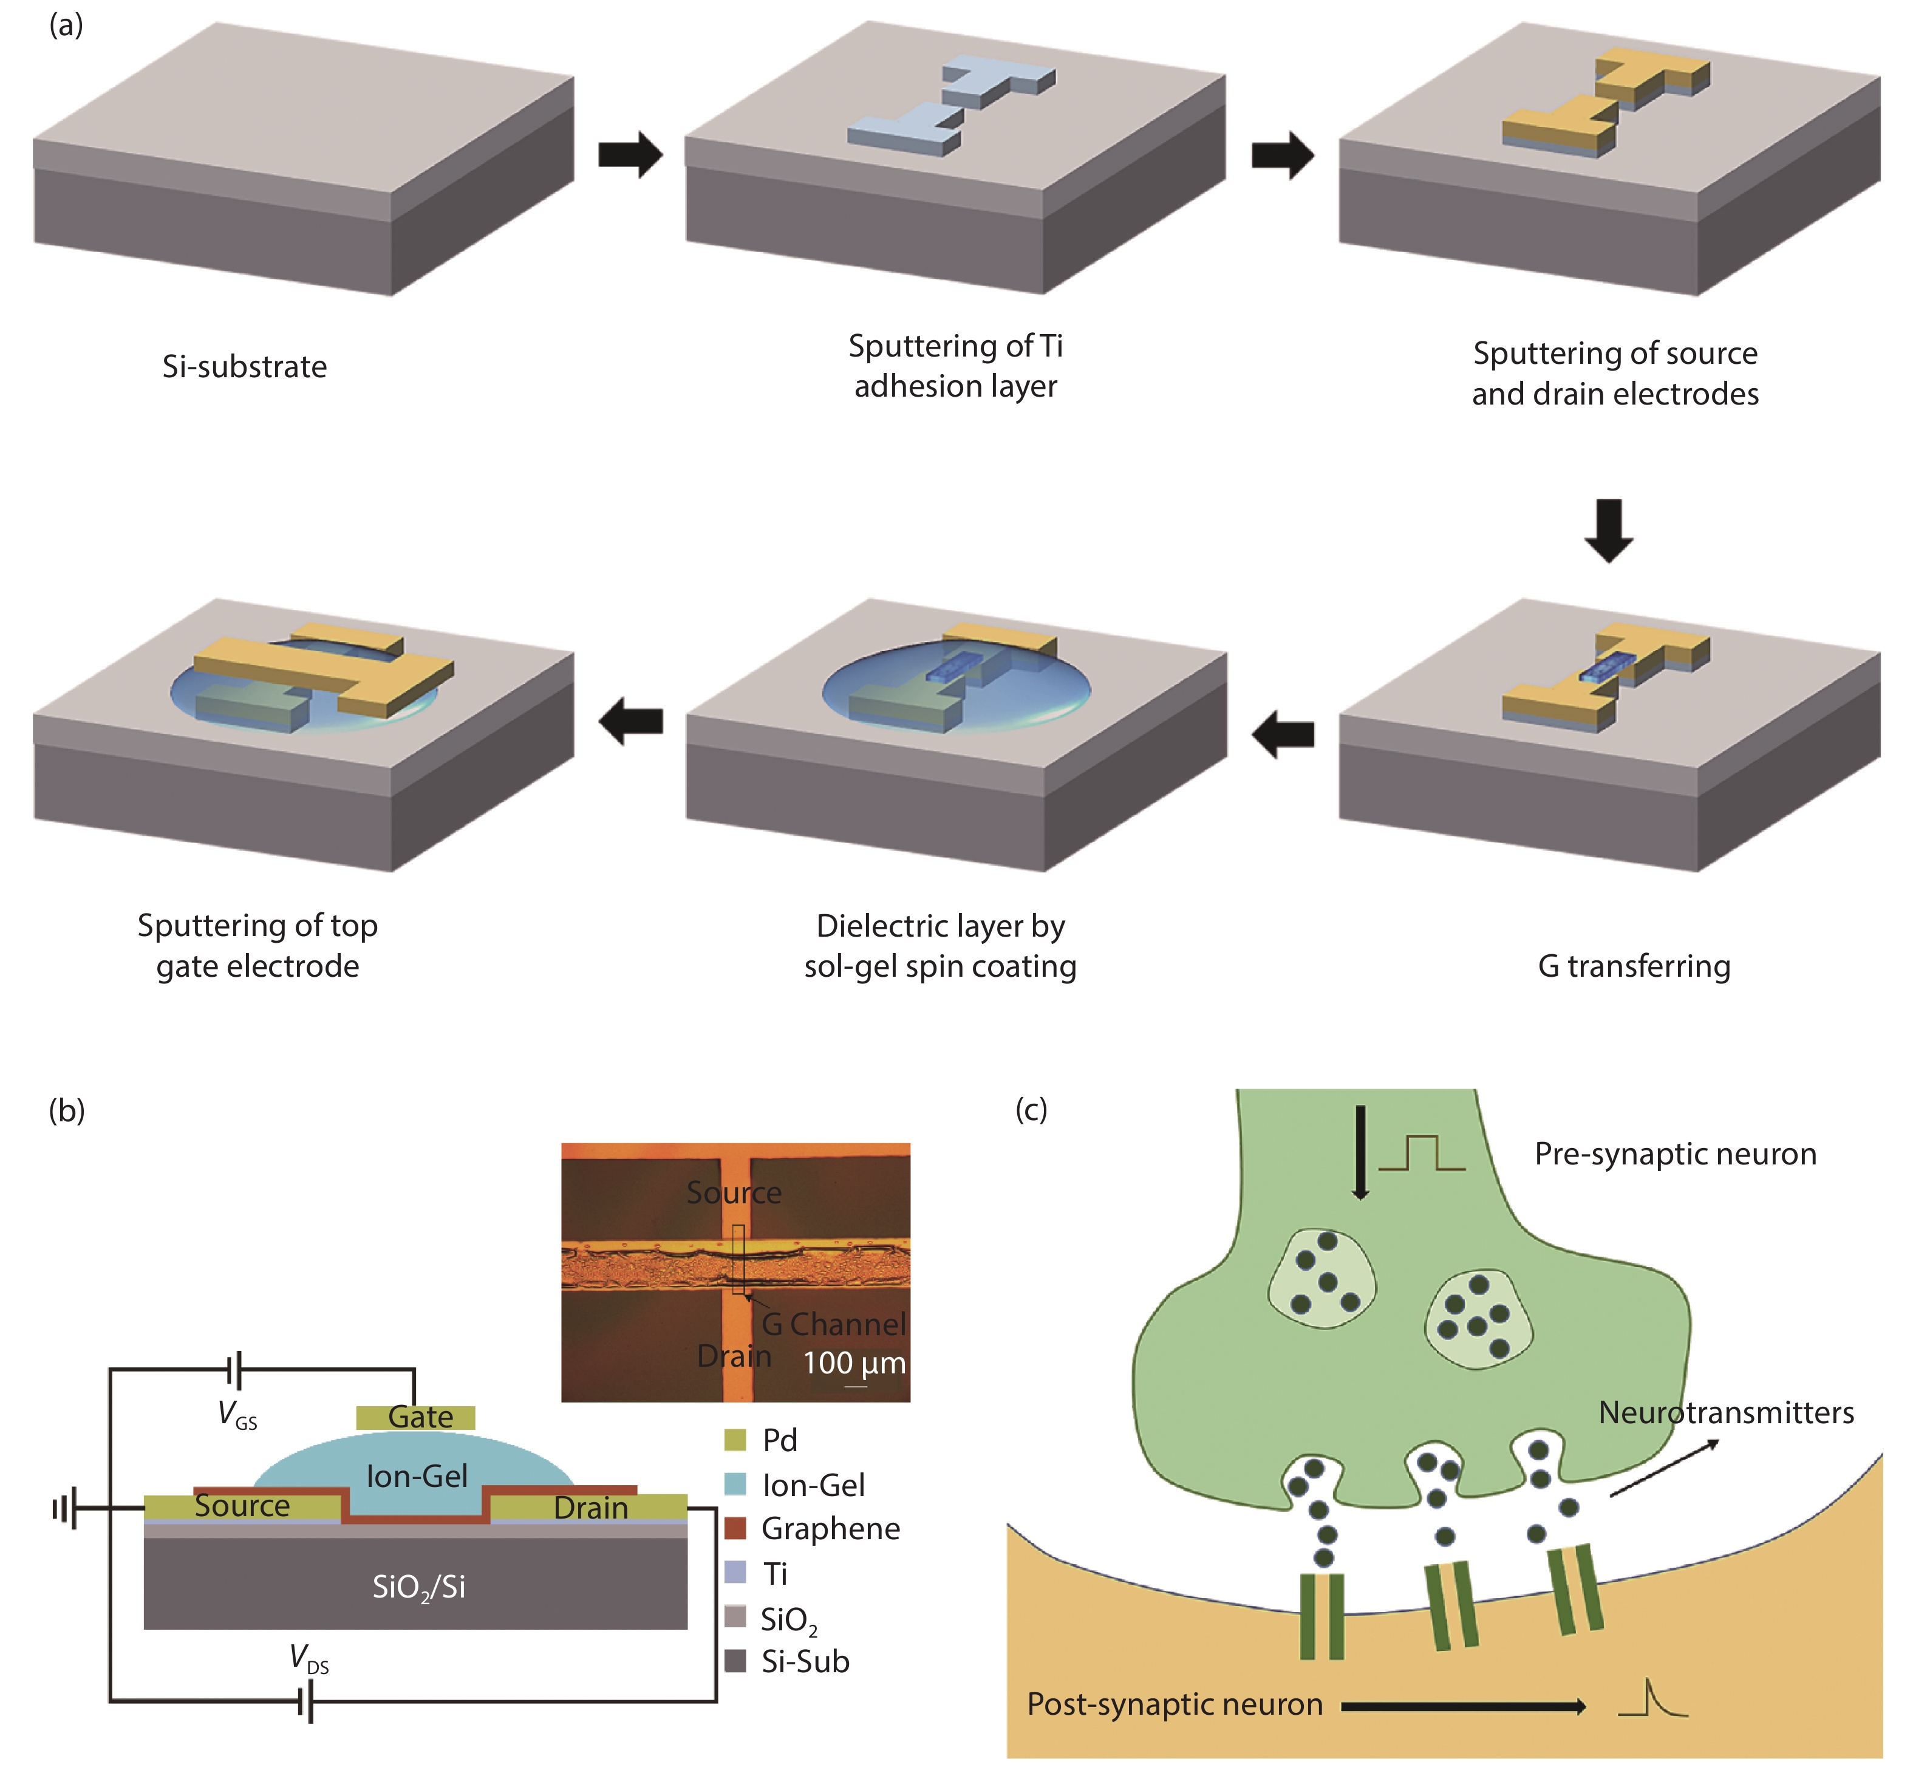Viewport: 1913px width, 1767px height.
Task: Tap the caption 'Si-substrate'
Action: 245,366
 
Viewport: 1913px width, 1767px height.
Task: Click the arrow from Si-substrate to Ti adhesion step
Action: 630,154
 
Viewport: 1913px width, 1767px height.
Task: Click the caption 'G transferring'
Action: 1634,966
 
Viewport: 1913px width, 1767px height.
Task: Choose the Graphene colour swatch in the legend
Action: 735,1528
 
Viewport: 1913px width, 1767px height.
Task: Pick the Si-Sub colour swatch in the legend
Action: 735,1661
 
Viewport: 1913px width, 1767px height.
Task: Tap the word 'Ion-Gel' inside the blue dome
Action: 417,1476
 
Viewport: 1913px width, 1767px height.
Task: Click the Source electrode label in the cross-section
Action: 242,1506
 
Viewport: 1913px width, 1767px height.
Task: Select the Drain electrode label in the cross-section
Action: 591,1508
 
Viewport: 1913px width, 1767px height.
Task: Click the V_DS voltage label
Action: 309,1658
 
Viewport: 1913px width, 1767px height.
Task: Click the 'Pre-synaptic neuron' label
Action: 1675,1154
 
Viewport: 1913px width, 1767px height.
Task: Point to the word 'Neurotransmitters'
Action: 1725,1412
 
